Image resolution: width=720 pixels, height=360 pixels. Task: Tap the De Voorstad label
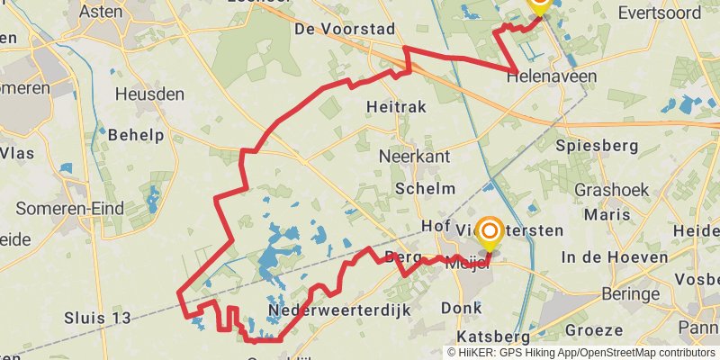(x=345, y=29)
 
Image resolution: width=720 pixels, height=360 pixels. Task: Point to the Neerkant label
(x=414, y=156)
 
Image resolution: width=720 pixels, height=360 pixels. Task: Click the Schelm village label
(x=425, y=188)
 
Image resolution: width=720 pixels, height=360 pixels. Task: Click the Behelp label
(x=136, y=135)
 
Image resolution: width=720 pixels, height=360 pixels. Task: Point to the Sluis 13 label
(x=98, y=318)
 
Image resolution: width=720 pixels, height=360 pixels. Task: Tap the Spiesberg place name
(x=597, y=145)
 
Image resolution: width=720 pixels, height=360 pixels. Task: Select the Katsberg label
(x=493, y=336)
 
